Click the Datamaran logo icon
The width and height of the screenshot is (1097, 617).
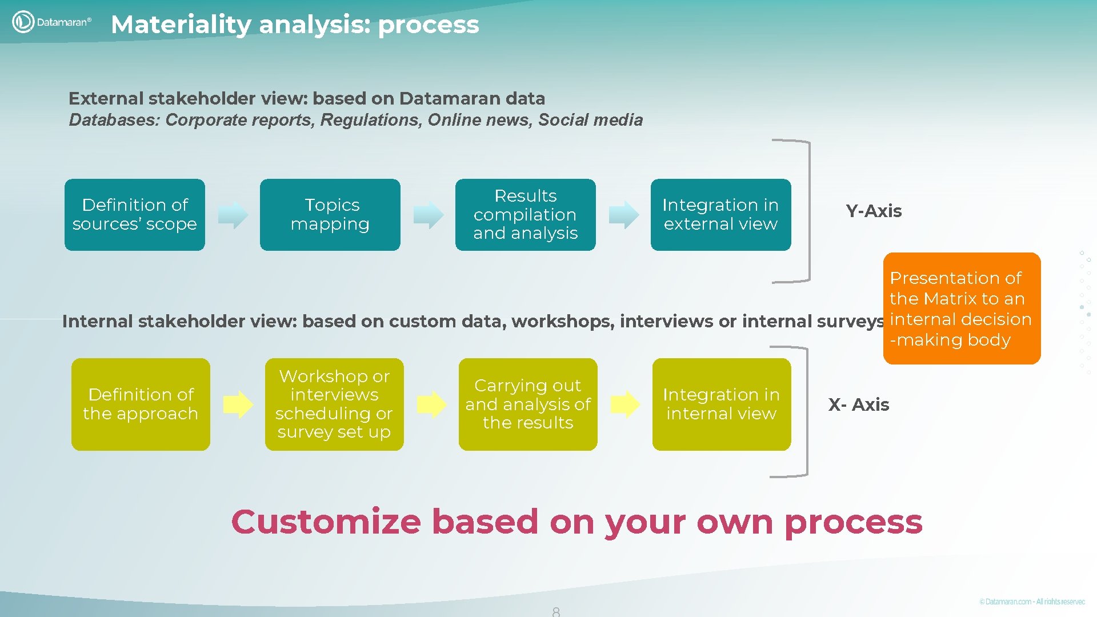(x=23, y=22)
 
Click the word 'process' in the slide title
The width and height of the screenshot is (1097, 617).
(x=428, y=25)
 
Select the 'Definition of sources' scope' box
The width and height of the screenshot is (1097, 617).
(x=135, y=215)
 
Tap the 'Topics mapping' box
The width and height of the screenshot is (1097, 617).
(x=330, y=215)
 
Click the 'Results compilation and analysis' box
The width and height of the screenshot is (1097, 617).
(x=525, y=215)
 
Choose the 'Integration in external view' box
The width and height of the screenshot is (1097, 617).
(x=720, y=215)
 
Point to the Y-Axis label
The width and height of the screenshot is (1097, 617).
(x=874, y=211)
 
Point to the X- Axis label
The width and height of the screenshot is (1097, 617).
(x=859, y=405)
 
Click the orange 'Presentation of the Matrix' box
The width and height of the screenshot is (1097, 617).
(x=962, y=308)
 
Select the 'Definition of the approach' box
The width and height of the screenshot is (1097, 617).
(x=141, y=404)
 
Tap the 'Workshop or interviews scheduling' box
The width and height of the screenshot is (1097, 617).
(x=334, y=404)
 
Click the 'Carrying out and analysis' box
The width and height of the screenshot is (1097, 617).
(x=528, y=404)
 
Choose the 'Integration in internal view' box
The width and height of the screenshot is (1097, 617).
(x=722, y=404)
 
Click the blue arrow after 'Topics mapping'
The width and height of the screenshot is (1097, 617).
(x=429, y=215)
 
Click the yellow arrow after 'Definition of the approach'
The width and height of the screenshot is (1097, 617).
(x=238, y=404)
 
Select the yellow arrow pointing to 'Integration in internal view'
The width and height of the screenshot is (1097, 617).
(x=625, y=404)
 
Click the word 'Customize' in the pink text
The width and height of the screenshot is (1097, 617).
(x=326, y=522)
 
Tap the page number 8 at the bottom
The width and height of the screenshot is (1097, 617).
(x=556, y=611)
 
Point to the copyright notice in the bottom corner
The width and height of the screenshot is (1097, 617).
(x=1032, y=602)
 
